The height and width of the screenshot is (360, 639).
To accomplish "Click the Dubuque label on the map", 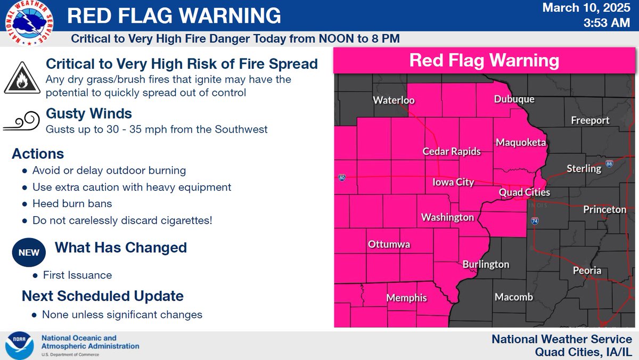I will [514, 100].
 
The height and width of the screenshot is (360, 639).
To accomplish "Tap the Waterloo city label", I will [394, 101].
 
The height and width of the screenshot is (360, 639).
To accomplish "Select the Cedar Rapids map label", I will [452, 152].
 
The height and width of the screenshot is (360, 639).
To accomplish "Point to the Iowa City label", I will [453, 182].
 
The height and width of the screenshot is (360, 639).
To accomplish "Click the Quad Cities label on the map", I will [525, 192].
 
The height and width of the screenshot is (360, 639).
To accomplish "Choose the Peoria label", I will [587, 271].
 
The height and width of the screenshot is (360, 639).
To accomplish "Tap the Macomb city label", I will [514, 297].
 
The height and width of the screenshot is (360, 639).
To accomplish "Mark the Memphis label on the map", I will [407, 298].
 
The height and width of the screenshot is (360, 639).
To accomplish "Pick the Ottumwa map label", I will [389, 245].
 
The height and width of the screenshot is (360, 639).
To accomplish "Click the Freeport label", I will [590, 120].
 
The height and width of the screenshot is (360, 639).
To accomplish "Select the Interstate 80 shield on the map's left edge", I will [341, 178].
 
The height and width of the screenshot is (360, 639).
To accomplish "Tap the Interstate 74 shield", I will [535, 221].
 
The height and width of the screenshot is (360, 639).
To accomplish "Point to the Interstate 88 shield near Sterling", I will [609, 164].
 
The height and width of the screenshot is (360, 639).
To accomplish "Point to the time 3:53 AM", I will [608, 24].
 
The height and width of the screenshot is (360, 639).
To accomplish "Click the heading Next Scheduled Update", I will [103, 296].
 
